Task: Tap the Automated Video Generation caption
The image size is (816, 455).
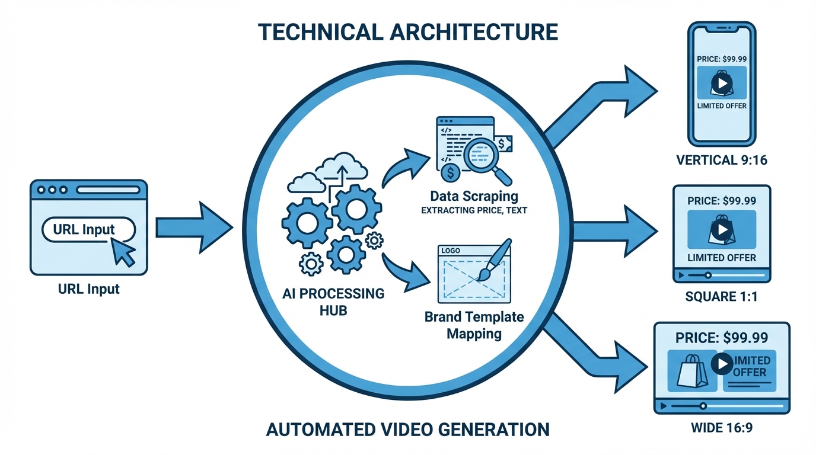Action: coord(408,428)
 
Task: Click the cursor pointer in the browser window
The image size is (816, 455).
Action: coord(124,252)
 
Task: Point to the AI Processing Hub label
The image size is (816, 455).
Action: coord(333,301)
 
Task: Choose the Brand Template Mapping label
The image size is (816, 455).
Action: coord(474,325)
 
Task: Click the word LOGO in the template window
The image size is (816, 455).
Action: coord(451,251)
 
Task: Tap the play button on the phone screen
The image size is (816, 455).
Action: coord(722,84)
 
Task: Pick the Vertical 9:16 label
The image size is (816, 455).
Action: coord(722,160)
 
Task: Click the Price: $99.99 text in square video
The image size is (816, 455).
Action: coord(722,200)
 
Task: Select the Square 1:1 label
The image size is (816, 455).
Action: coord(722,296)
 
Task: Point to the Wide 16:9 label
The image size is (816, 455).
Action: coord(722,427)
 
